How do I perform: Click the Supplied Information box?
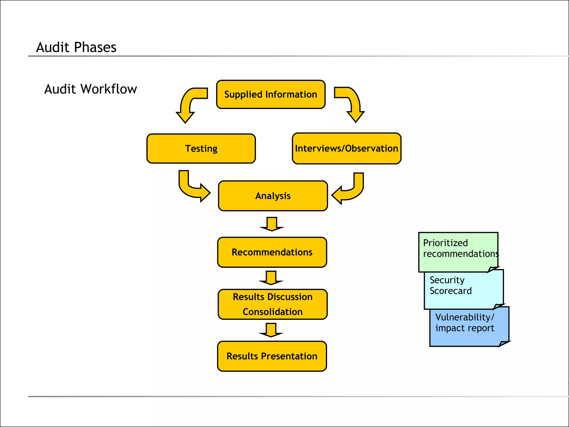coord(271,95)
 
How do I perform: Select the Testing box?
coord(201,149)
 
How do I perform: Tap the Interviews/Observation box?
coord(346,149)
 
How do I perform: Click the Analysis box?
coord(273,196)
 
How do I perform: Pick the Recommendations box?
coord(272,252)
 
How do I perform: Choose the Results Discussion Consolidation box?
coord(273,304)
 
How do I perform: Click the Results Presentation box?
coord(272,356)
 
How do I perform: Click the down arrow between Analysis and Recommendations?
coord(272,224)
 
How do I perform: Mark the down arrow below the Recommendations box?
coord(271,278)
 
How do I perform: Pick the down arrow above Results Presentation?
coord(271,330)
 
